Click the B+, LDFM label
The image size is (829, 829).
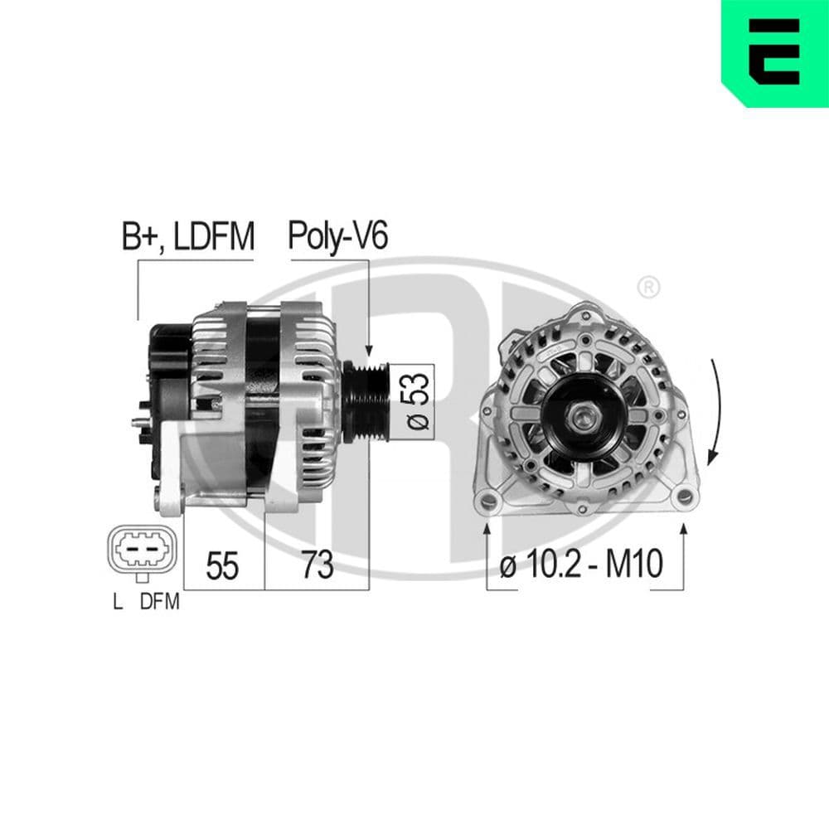(187, 238)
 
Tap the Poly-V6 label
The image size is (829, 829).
(337, 238)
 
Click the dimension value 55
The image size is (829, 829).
(222, 566)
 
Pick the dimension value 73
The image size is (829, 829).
(317, 566)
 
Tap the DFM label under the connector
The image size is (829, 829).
(159, 603)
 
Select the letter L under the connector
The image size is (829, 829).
(119, 603)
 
